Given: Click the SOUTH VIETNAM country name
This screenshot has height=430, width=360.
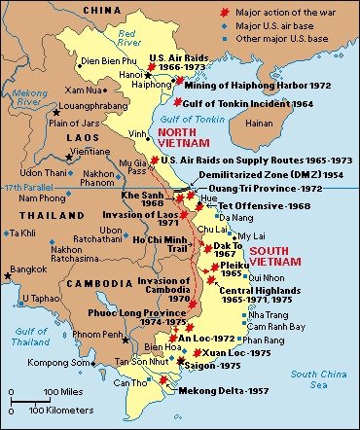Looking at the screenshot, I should click(x=278, y=257).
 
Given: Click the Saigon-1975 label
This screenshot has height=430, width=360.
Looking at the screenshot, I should click(x=216, y=365).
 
